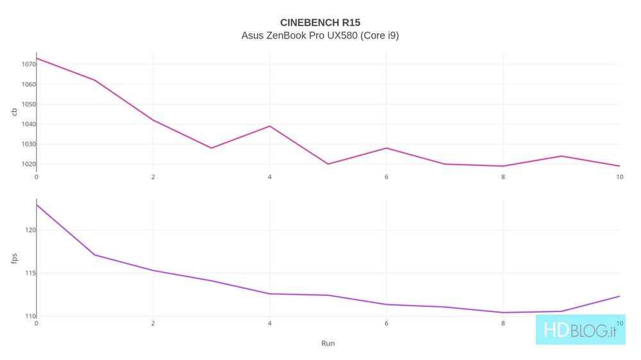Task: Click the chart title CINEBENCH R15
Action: [x=320, y=22]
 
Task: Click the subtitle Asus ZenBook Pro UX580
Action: [x=320, y=35]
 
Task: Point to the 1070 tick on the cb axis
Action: [x=28, y=64]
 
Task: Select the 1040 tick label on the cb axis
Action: [x=28, y=124]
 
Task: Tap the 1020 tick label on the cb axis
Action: [x=28, y=164]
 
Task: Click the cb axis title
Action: [x=15, y=112]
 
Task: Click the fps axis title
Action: [x=15, y=258]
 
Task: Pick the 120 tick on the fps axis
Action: [x=30, y=230]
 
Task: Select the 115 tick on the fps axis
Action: [x=30, y=274]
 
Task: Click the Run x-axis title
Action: [x=328, y=343]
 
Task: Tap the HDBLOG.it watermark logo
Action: [x=580, y=331]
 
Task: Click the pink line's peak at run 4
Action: [x=270, y=126]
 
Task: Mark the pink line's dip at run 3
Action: [x=212, y=148]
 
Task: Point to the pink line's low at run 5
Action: [x=328, y=164]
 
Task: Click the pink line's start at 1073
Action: [x=37, y=58]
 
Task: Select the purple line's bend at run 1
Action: [x=95, y=255]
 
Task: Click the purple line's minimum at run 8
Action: [x=503, y=313]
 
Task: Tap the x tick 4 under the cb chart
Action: [x=270, y=177]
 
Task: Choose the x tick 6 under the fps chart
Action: [x=387, y=323]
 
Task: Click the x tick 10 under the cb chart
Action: [x=619, y=177]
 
